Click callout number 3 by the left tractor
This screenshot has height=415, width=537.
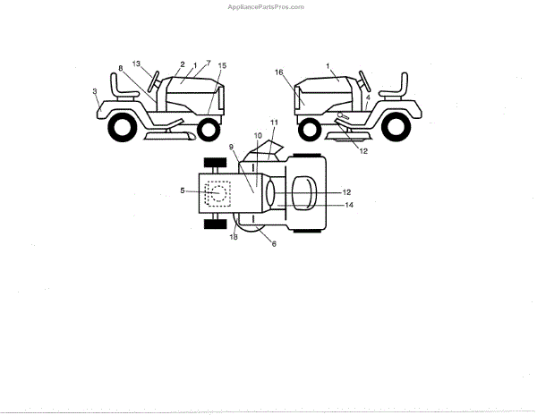95,91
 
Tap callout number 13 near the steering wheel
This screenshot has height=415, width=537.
137,64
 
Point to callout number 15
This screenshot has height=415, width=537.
222,66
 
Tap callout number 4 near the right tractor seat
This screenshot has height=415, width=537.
368,97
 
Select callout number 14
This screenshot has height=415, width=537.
349,205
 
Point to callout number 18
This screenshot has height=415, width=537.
234,235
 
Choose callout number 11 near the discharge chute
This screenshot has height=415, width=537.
275,121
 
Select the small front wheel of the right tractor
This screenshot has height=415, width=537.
310,131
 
